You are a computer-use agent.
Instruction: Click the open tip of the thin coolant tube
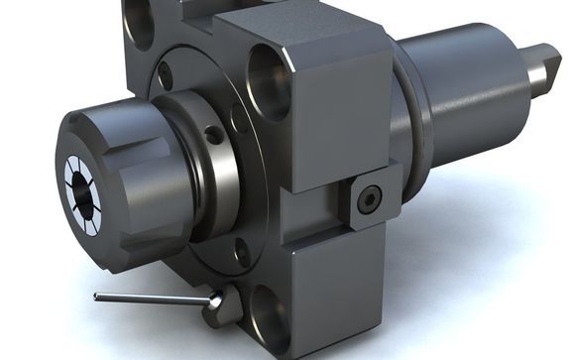tap(96, 296)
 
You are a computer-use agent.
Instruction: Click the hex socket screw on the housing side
tap(370, 200)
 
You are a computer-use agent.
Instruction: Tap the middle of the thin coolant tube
tap(154, 299)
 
